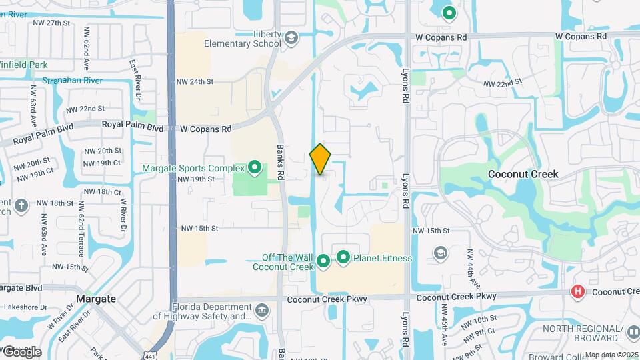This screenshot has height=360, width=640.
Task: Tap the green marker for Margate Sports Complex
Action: point(254,167)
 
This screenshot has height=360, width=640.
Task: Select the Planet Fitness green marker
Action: point(343,257)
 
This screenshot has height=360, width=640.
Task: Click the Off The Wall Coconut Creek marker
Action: point(323,261)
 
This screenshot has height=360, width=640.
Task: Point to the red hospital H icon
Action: point(578,292)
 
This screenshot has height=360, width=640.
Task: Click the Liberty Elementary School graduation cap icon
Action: point(291,40)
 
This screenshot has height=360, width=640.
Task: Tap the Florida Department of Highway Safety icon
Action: point(262,310)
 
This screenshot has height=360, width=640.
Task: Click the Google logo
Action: point(21,352)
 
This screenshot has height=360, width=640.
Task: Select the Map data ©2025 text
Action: point(611,355)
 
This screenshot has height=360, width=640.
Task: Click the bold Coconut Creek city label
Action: point(523,174)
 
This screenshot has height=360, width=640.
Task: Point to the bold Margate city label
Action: point(97,299)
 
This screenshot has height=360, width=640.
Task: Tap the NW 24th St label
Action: point(194,82)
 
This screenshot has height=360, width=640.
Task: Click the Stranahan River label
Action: point(72,80)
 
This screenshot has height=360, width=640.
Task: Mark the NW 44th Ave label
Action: point(471,263)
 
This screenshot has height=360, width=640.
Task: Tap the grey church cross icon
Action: point(21,205)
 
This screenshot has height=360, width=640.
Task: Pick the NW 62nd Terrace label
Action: point(81,228)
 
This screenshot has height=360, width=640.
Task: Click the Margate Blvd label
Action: point(20,288)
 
